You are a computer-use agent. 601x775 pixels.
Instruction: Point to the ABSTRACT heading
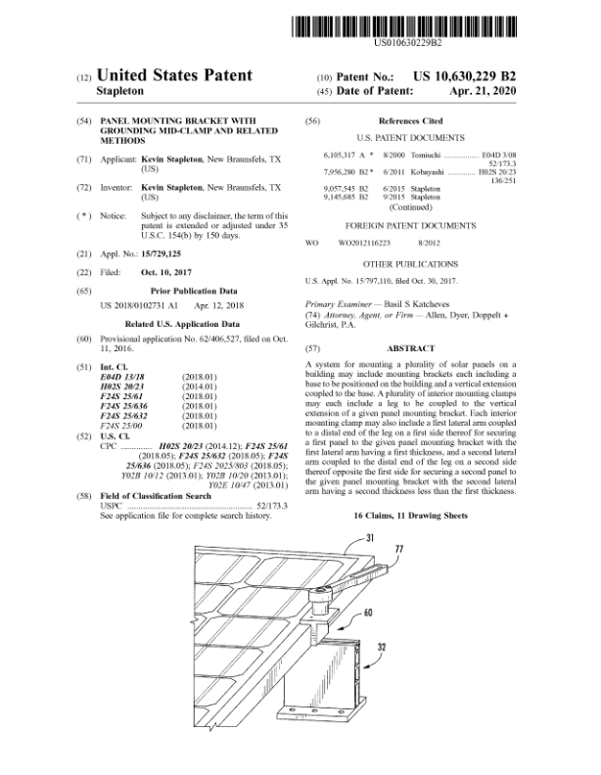click(x=411, y=348)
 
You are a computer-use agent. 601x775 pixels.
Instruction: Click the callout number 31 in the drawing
click(x=371, y=538)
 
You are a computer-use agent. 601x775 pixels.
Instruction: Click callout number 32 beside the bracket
click(x=406, y=646)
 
